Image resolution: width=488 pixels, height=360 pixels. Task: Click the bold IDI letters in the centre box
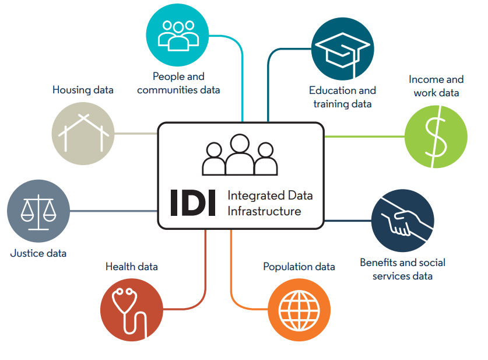click(x=192, y=202)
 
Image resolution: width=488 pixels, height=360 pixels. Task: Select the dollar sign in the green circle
click(x=436, y=138)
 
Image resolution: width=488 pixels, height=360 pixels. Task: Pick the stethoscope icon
click(x=131, y=309)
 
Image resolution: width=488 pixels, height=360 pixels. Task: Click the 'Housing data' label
click(x=83, y=90)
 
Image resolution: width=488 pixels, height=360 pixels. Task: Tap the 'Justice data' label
click(x=38, y=253)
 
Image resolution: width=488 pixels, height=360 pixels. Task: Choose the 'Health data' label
click(x=132, y=267)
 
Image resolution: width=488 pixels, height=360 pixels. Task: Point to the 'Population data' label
click(x=299, y=267)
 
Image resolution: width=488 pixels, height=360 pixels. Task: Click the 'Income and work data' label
click(x=436, y=86)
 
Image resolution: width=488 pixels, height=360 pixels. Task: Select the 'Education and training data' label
click(x=342, y=97)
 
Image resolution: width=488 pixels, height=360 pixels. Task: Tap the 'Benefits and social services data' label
click(x=402, y=269)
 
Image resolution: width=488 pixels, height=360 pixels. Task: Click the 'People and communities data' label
click(x=178, y=83)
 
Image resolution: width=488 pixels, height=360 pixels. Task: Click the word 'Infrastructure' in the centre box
click(x=264, y=211)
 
